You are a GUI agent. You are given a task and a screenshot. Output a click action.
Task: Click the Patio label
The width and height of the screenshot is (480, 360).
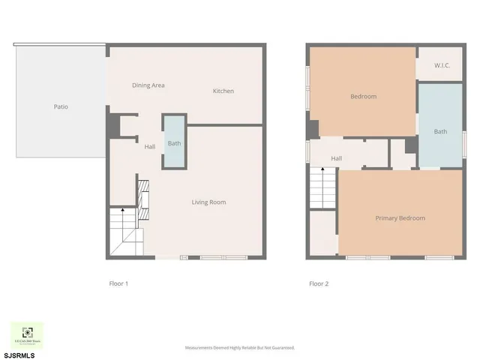tap(61, 106)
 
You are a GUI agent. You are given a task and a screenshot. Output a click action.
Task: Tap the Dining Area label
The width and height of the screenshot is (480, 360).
tap(148, 85)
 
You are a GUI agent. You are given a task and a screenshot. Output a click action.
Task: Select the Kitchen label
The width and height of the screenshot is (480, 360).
tap(223, 91)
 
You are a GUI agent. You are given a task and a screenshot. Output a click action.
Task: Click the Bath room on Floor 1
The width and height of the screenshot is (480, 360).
tap(174, 142)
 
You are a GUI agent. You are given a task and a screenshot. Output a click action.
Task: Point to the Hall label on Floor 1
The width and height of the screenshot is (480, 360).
tap(150, 146)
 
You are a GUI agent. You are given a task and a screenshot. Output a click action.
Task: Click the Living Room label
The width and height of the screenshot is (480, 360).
tap(208, 202)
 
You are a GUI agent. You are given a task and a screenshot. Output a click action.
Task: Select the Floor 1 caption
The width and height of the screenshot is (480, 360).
tap(119, 283)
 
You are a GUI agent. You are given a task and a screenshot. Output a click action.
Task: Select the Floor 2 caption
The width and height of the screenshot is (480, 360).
tap(319, 283)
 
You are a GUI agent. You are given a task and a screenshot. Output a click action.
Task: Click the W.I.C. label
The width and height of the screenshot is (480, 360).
tap(441, 65)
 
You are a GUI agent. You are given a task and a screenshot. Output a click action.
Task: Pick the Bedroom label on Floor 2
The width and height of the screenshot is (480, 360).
tap(364, 96)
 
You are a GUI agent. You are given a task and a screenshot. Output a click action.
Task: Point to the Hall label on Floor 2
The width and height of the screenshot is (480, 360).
tap(337, 158)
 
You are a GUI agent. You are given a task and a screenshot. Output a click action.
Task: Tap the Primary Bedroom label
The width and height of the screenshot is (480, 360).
tap(400, 218)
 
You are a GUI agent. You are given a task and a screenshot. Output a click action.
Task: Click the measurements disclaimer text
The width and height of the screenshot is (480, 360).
tap(240, 348)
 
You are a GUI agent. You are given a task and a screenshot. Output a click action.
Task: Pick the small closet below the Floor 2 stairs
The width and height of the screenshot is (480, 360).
tap(322, 234)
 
